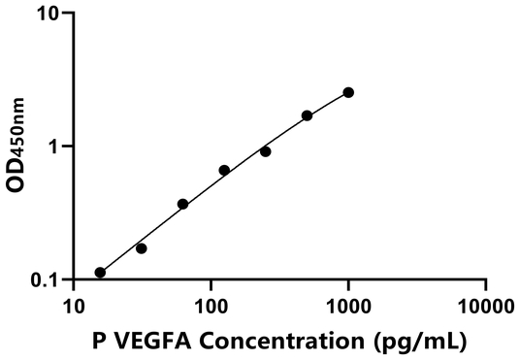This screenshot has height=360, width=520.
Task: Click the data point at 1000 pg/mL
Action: pyautogui.click(x=348, y=92)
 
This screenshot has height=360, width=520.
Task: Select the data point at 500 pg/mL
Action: pyautogui.click(x=307, y=115)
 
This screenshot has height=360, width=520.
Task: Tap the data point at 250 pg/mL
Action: pyautogui.click(x=265, y=151)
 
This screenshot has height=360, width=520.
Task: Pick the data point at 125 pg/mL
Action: pyautogui.click(x=224, y=170)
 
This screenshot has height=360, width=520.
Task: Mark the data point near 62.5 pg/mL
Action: pyautogui.click(x=182, y=204)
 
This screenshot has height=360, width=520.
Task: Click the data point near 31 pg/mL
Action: pyautogui.click(x=141, y=248)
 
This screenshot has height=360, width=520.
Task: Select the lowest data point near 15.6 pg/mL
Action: pyautogui.click(x=100, y=273)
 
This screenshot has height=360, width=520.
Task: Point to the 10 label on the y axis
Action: pyautogui.click(x=48, y=15)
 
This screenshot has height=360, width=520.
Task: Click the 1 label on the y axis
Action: pyautogui.click(x=53, y=147)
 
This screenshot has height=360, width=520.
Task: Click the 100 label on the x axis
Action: pyautogui.click(x=211, y=308)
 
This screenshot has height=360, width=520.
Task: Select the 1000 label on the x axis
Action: pyautogui.click(x=348, y=308)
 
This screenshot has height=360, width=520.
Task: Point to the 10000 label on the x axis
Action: pyautogui.click(x=485, y=308)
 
